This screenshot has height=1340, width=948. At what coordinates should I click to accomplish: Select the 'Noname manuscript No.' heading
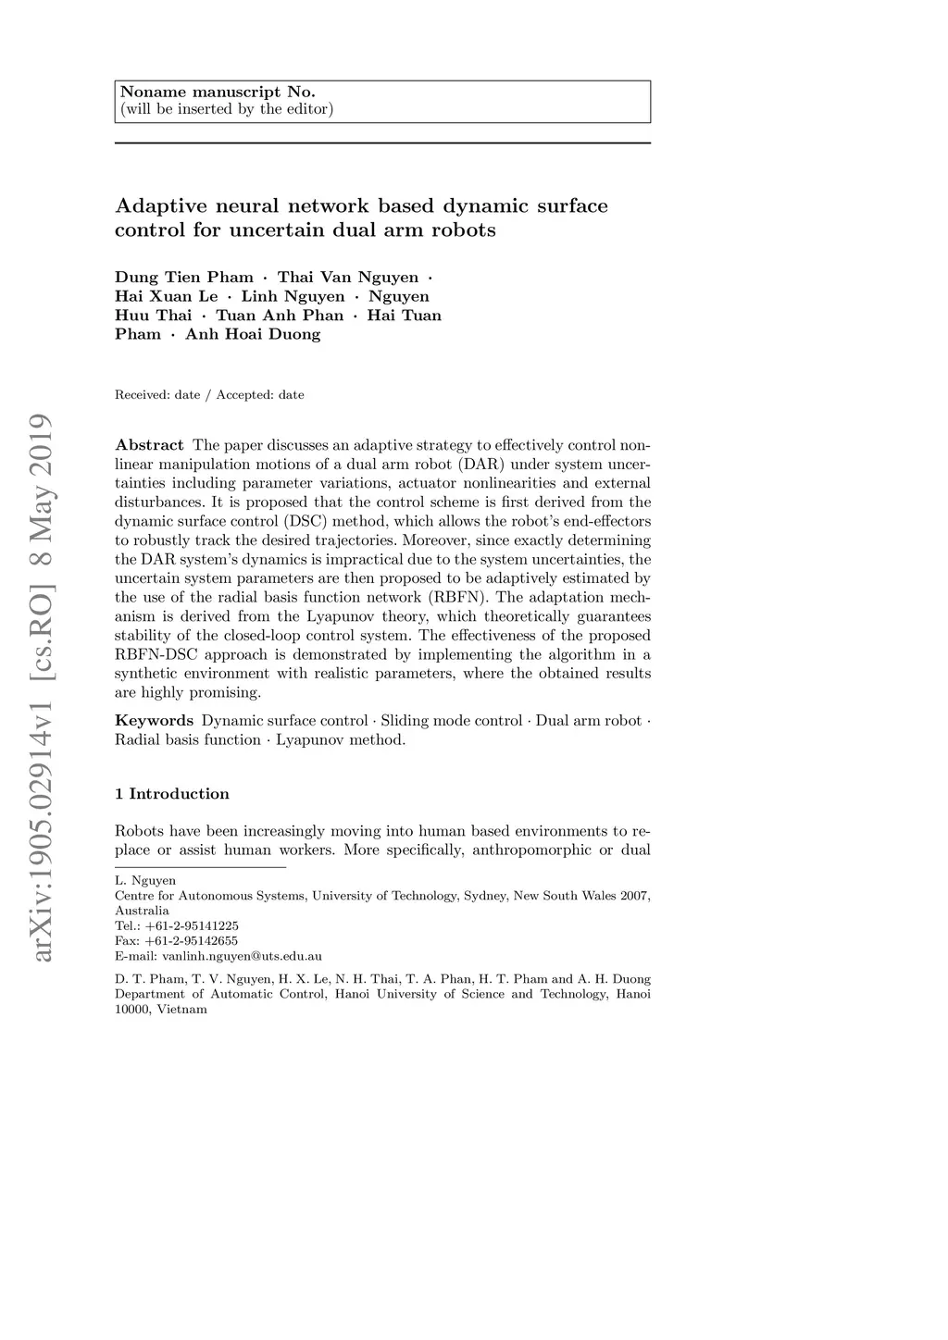click(x=218, y=92)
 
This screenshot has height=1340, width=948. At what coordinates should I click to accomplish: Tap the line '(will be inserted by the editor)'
click(x=226, y=109)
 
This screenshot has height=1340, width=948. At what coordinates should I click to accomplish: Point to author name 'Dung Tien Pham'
click(x=183, y=278)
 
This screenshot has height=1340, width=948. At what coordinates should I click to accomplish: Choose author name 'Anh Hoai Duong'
click(x=253, y=335)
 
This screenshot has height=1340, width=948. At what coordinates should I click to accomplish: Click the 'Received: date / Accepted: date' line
click(x=209, y=395)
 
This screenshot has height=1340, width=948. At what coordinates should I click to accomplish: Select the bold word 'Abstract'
click(x=149, y=445)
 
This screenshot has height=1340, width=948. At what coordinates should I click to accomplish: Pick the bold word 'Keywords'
click(x=154, y=721)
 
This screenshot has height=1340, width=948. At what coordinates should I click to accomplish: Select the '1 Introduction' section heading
click(x=171, y=794)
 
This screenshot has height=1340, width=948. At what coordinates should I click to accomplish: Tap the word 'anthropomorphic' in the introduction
click(x=531, y=850)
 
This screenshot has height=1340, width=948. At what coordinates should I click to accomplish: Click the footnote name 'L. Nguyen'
click(x=144, y=881)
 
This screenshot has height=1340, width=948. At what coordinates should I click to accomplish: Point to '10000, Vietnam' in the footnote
click(x=160, y=1010)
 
